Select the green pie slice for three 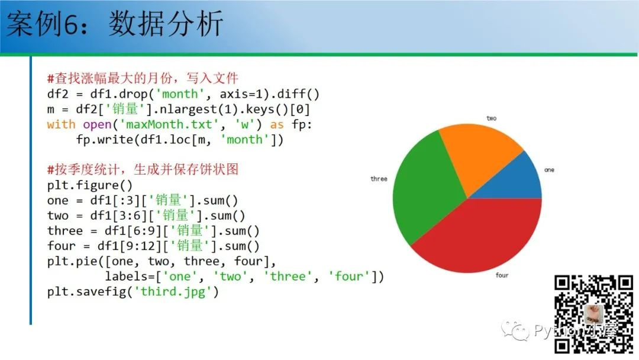coord(424,192)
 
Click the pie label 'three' coord(379,179)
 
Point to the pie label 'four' coord(502,275)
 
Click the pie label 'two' coord(492,118)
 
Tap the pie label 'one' coord(549,169)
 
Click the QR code coord(594,314)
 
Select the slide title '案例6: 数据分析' coord(115,23)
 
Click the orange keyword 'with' coord(61,124)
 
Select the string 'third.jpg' coord(173,292)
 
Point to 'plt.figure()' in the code coord(90,185)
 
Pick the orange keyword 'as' coord(277,125)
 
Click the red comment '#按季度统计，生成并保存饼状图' coord(143,169)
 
